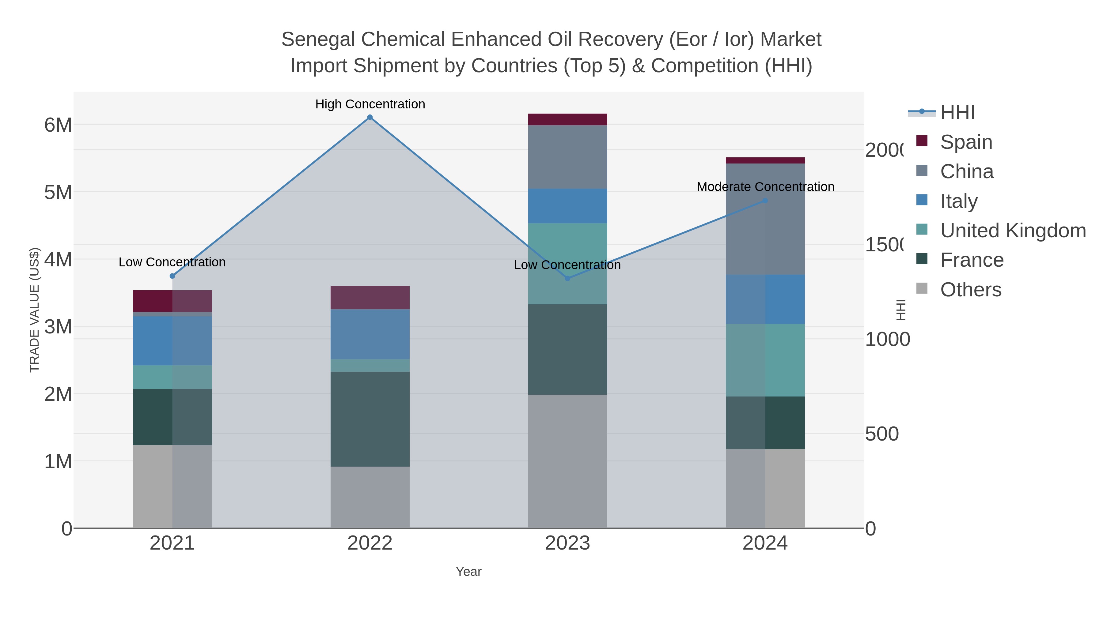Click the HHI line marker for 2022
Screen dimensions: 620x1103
(370, 117)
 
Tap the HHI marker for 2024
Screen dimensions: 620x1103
(765, 201)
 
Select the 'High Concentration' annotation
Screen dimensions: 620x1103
(370, 104)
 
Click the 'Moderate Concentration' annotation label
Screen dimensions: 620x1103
(765, 187)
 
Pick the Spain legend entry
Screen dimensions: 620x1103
(966, 142)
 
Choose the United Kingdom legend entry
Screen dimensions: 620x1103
(1013, 231)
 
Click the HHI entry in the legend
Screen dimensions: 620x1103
(957, 113)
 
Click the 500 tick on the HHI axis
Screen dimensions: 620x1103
(881, 434)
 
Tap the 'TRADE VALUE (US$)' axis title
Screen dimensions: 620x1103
(34, 310)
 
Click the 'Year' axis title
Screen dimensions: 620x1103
(468, 572)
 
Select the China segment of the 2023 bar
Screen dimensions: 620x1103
(567, 156)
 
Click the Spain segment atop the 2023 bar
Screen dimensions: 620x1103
(567, 119)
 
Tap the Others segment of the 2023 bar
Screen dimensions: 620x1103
(567, 461)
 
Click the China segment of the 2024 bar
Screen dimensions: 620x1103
(765, 219)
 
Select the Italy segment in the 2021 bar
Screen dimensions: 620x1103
(172, 340)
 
